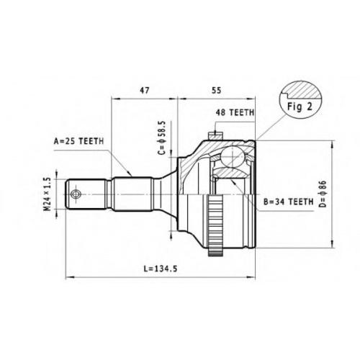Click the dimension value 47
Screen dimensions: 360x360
click(x=145, y=90)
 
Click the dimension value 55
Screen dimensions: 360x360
click(x=216, y=90)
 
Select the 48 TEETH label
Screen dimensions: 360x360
click(x=235, y=112)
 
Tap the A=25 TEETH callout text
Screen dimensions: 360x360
click(x=78, y=141)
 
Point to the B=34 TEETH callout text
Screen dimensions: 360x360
click(x=289, y=202)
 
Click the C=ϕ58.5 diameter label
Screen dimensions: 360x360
click(x=163, y=138)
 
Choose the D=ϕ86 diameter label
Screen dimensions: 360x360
click(x=323, y=194)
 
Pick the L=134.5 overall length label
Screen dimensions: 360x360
click(x=161, y=269)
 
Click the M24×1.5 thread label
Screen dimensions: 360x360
click(x=48, y=194)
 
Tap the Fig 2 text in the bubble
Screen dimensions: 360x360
click(x=300, y=107)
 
